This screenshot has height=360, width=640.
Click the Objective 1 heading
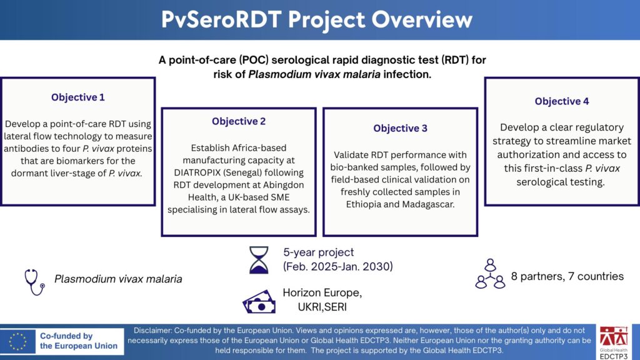tap(78, 97)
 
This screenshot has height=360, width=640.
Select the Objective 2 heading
tap(239, 121)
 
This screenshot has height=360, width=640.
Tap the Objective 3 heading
tap(401, 128)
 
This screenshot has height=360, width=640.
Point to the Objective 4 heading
tap(562, 101)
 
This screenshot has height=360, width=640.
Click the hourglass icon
tap(259, 259)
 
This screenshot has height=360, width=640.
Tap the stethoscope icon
tap(35, 282)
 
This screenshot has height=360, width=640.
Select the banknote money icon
tap(259, 302)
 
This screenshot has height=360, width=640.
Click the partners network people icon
tap(490, 274)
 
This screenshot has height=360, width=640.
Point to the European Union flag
tap(17, 341)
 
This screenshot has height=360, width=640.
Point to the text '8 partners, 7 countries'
tap(567, 276)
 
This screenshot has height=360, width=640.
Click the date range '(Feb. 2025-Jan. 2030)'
tap(338, 266)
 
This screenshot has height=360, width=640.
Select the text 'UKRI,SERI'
tap(322, 307)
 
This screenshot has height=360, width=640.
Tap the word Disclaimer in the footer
tap(152, 331)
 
